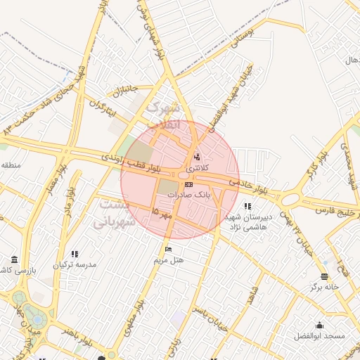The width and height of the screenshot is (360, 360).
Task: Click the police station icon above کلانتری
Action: tap(196, 157)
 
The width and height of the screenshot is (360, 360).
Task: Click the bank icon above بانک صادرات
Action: tap(187, 184)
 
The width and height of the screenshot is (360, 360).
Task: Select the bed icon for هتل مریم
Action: tap(167, 250)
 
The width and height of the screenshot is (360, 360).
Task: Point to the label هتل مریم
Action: tap(169, 259)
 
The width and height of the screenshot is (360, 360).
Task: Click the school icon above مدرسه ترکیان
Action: tap(75, 254)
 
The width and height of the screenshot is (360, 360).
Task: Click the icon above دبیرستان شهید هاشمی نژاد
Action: tap(247, 207)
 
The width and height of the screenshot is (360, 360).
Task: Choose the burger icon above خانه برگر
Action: tap(324, 276)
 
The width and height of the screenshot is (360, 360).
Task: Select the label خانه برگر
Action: tap(324, 287)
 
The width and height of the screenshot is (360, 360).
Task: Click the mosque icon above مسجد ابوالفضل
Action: tap(320, 325)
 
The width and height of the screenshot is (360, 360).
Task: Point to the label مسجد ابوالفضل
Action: tap(320, 335)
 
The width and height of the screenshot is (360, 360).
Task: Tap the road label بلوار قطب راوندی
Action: tap(131, 163)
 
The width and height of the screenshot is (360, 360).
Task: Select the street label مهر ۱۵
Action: tap(162, 213)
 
